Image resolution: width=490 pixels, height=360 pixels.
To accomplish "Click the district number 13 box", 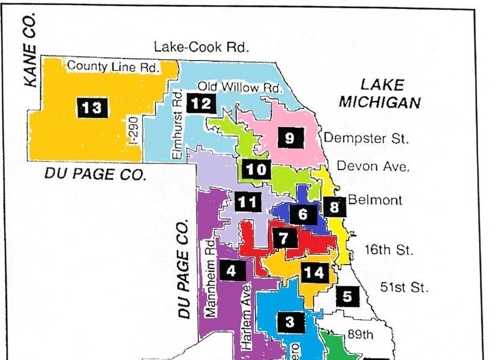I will tap(91, 107).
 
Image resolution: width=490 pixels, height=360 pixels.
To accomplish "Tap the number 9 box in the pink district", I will tap(290, 138).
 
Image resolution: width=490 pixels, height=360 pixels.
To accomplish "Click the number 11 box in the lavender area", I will tap(247, 201).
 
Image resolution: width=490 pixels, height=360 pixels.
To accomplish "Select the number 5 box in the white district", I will tap(348, 296).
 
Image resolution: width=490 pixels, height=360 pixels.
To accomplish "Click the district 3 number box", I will tap(290, 322).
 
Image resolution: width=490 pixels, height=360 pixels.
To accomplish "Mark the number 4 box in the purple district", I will tap(231, 271).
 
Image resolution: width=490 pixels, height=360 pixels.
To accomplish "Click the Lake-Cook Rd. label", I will tap(202, 47).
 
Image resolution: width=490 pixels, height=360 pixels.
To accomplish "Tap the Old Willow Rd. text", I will tap(240, 87).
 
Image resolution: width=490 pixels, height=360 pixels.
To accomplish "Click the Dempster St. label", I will tap(366, 138).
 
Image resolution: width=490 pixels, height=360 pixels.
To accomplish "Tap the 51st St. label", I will tap(404, 287).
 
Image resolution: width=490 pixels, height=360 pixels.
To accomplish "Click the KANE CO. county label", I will tap(31, 50).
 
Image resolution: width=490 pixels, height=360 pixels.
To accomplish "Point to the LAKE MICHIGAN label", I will tap(380, 94).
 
